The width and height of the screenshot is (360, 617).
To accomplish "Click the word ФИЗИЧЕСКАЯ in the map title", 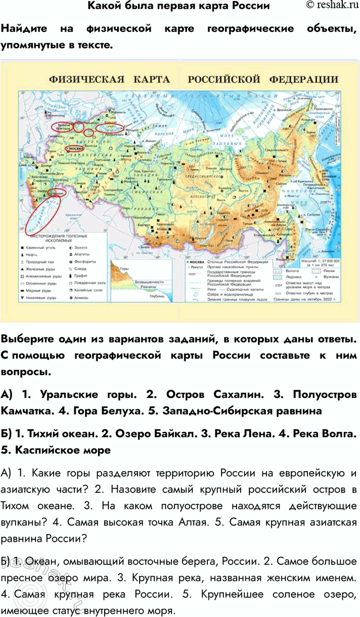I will point(86,80).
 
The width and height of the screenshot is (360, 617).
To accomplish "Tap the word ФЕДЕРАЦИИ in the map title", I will point(304,80).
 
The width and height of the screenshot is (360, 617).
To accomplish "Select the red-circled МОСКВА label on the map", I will point(76,148).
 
